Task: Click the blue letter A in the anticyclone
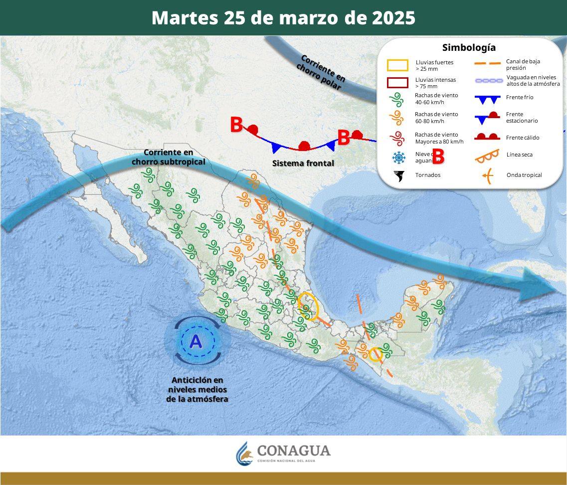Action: pyautogui.click(x=195, y=341)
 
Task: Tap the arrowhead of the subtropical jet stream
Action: pyautogui.click(x=536, y=284)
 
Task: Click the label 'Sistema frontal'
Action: pyautogui.click(x=303, y=163)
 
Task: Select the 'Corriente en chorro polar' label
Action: pyautogui.click(x=322, y=72)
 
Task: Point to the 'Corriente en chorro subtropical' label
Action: pyautogui.click(x=168, y=157)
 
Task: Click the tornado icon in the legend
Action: pyautogui.click(x=399, y=175)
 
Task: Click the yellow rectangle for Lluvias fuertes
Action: pyautogui.click(x=397, y=65)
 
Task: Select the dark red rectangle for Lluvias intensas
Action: pyautogui.click(x=397, y=83)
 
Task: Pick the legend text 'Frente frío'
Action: pyautogui.click(x=520, y=98)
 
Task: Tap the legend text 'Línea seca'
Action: pyautogui.click(x=519, y=155)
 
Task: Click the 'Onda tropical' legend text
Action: pyautogui.click(x=524, y=175)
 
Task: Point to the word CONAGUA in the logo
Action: pyautogui.click(x=294, y=451)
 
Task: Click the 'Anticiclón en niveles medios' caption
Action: pyautogui.click(x=197, y=389)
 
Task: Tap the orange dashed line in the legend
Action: pyautogui.click(x=487, y=64)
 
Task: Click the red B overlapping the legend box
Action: pyautogui.click(x=438, y=157)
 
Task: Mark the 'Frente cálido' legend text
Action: pyautogui.click(x=523, y=138)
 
